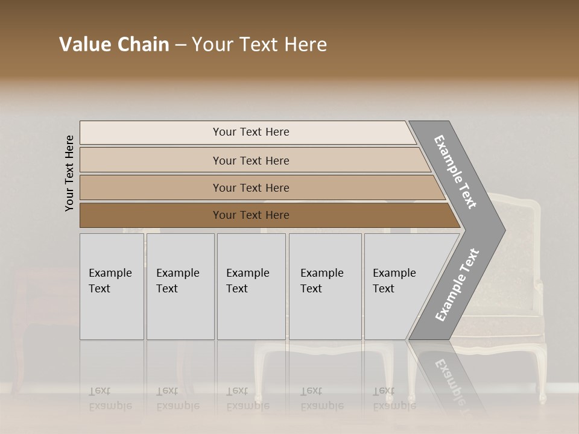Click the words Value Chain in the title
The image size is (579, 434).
coord(114,45)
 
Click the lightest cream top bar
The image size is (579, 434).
coord(151,133)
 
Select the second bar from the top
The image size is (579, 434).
coord(151,160)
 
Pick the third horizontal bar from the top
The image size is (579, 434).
coord(151,187)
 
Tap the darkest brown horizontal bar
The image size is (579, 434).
coord(151,215)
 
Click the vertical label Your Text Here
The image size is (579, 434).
coord(69,174)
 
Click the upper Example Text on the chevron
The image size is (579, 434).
coord(455,172)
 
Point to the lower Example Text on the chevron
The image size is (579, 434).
coord(457,285)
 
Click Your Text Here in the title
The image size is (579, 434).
coord(259,45)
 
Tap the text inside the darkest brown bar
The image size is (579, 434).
coord(251,215)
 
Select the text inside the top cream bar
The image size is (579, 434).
coord(251,132)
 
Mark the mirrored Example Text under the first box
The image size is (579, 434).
coord(110,399)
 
